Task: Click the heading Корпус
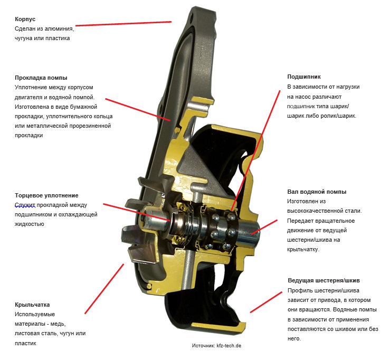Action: click(25, 19)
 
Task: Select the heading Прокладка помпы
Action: click(41, 78)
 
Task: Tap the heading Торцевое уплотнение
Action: click(46, 195)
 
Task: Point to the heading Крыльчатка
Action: click(32, 305)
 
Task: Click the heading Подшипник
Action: click(304, 77)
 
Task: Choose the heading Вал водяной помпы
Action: click(317, 192)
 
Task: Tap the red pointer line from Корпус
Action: click(124, 24)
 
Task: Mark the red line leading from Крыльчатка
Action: click(104, 289)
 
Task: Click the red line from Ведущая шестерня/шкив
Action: click(266, 302)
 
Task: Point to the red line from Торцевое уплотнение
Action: click(137, 212)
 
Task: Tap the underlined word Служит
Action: click(25, 205)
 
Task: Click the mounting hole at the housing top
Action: click(193, 18)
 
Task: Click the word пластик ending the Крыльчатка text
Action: click(25, 344)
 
